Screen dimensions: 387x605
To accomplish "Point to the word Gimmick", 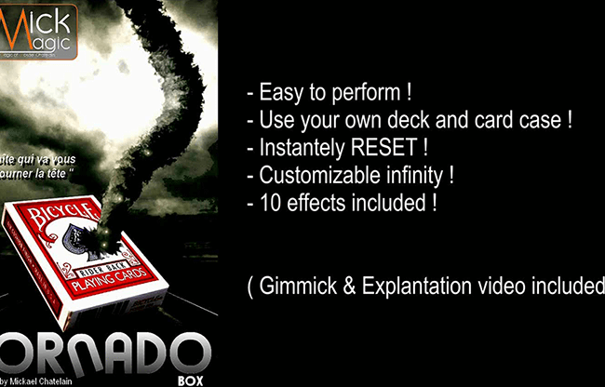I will [x=297, y=287].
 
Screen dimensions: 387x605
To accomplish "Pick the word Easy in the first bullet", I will [x=280, y=93].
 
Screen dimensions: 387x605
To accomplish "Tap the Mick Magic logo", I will [x=38, y=27].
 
